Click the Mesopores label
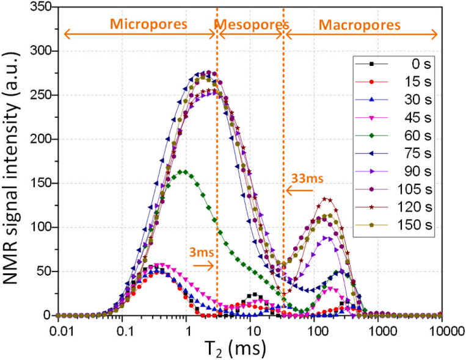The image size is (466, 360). tap(250, 25)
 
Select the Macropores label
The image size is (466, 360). tap(363, 25)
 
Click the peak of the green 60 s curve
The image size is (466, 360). tap(183, 171)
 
